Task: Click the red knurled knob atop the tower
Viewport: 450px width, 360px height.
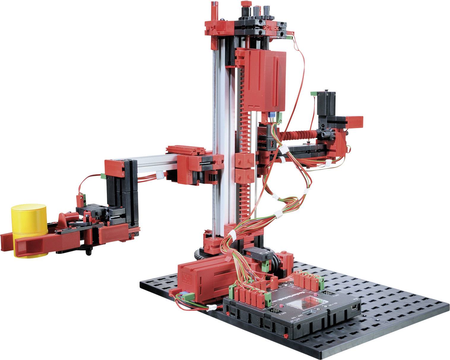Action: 245,4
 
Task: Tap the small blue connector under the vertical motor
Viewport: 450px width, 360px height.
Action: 272,115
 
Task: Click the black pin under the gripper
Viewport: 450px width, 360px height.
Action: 88,252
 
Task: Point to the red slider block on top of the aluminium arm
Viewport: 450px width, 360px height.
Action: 186,150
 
